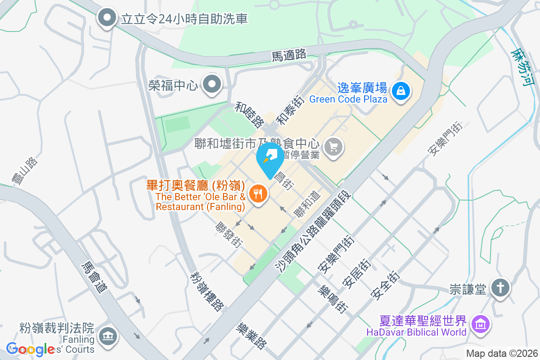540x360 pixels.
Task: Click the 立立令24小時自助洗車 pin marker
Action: (x=107, y=18)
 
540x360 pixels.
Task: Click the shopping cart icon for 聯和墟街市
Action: (x=333, y=147)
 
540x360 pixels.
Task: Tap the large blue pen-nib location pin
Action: (x=270, y=158)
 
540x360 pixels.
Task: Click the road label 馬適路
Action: (x=289, y=55)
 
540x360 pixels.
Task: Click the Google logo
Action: (x=31, y=349)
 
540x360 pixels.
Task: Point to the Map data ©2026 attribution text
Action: (x=502, y=354)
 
